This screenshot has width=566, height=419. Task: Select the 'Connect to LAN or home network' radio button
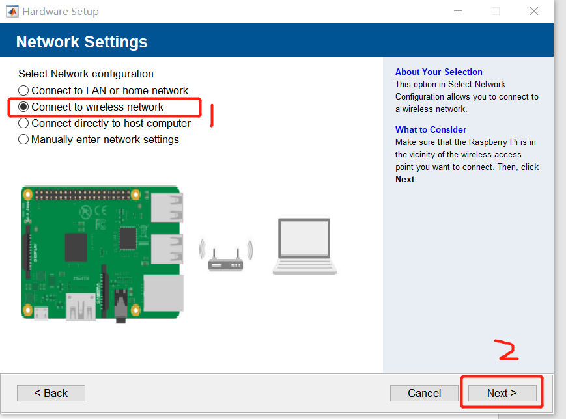coord(23,90)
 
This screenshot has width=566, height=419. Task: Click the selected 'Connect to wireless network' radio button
coord(23,107)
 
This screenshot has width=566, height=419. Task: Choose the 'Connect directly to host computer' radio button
coord(23,123)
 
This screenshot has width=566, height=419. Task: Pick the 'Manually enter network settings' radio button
coord(23,139)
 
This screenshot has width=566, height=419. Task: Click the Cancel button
coord(424,393)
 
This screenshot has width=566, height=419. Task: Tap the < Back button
coord(51,393)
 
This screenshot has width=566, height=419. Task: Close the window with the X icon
coord(534,11)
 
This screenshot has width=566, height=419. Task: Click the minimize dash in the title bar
coord(458,11)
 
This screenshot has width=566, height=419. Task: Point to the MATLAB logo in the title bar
coord(12,12)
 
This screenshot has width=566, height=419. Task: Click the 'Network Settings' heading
coord(82,42)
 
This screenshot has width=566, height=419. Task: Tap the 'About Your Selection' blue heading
coord(438,72)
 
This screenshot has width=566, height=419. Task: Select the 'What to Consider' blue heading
coord(431,129)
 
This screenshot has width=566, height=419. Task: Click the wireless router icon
coord(226,256)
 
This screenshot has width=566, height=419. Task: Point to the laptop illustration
coord(305,247)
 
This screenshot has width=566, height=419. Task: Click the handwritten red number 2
coord(507,350)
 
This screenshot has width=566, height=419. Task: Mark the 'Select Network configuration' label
coord(86,74)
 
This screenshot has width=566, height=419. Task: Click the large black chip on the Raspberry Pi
coord(76,247)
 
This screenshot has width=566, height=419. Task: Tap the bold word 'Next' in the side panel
coord(404,179)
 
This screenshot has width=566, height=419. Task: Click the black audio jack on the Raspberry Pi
coord(120,306)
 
